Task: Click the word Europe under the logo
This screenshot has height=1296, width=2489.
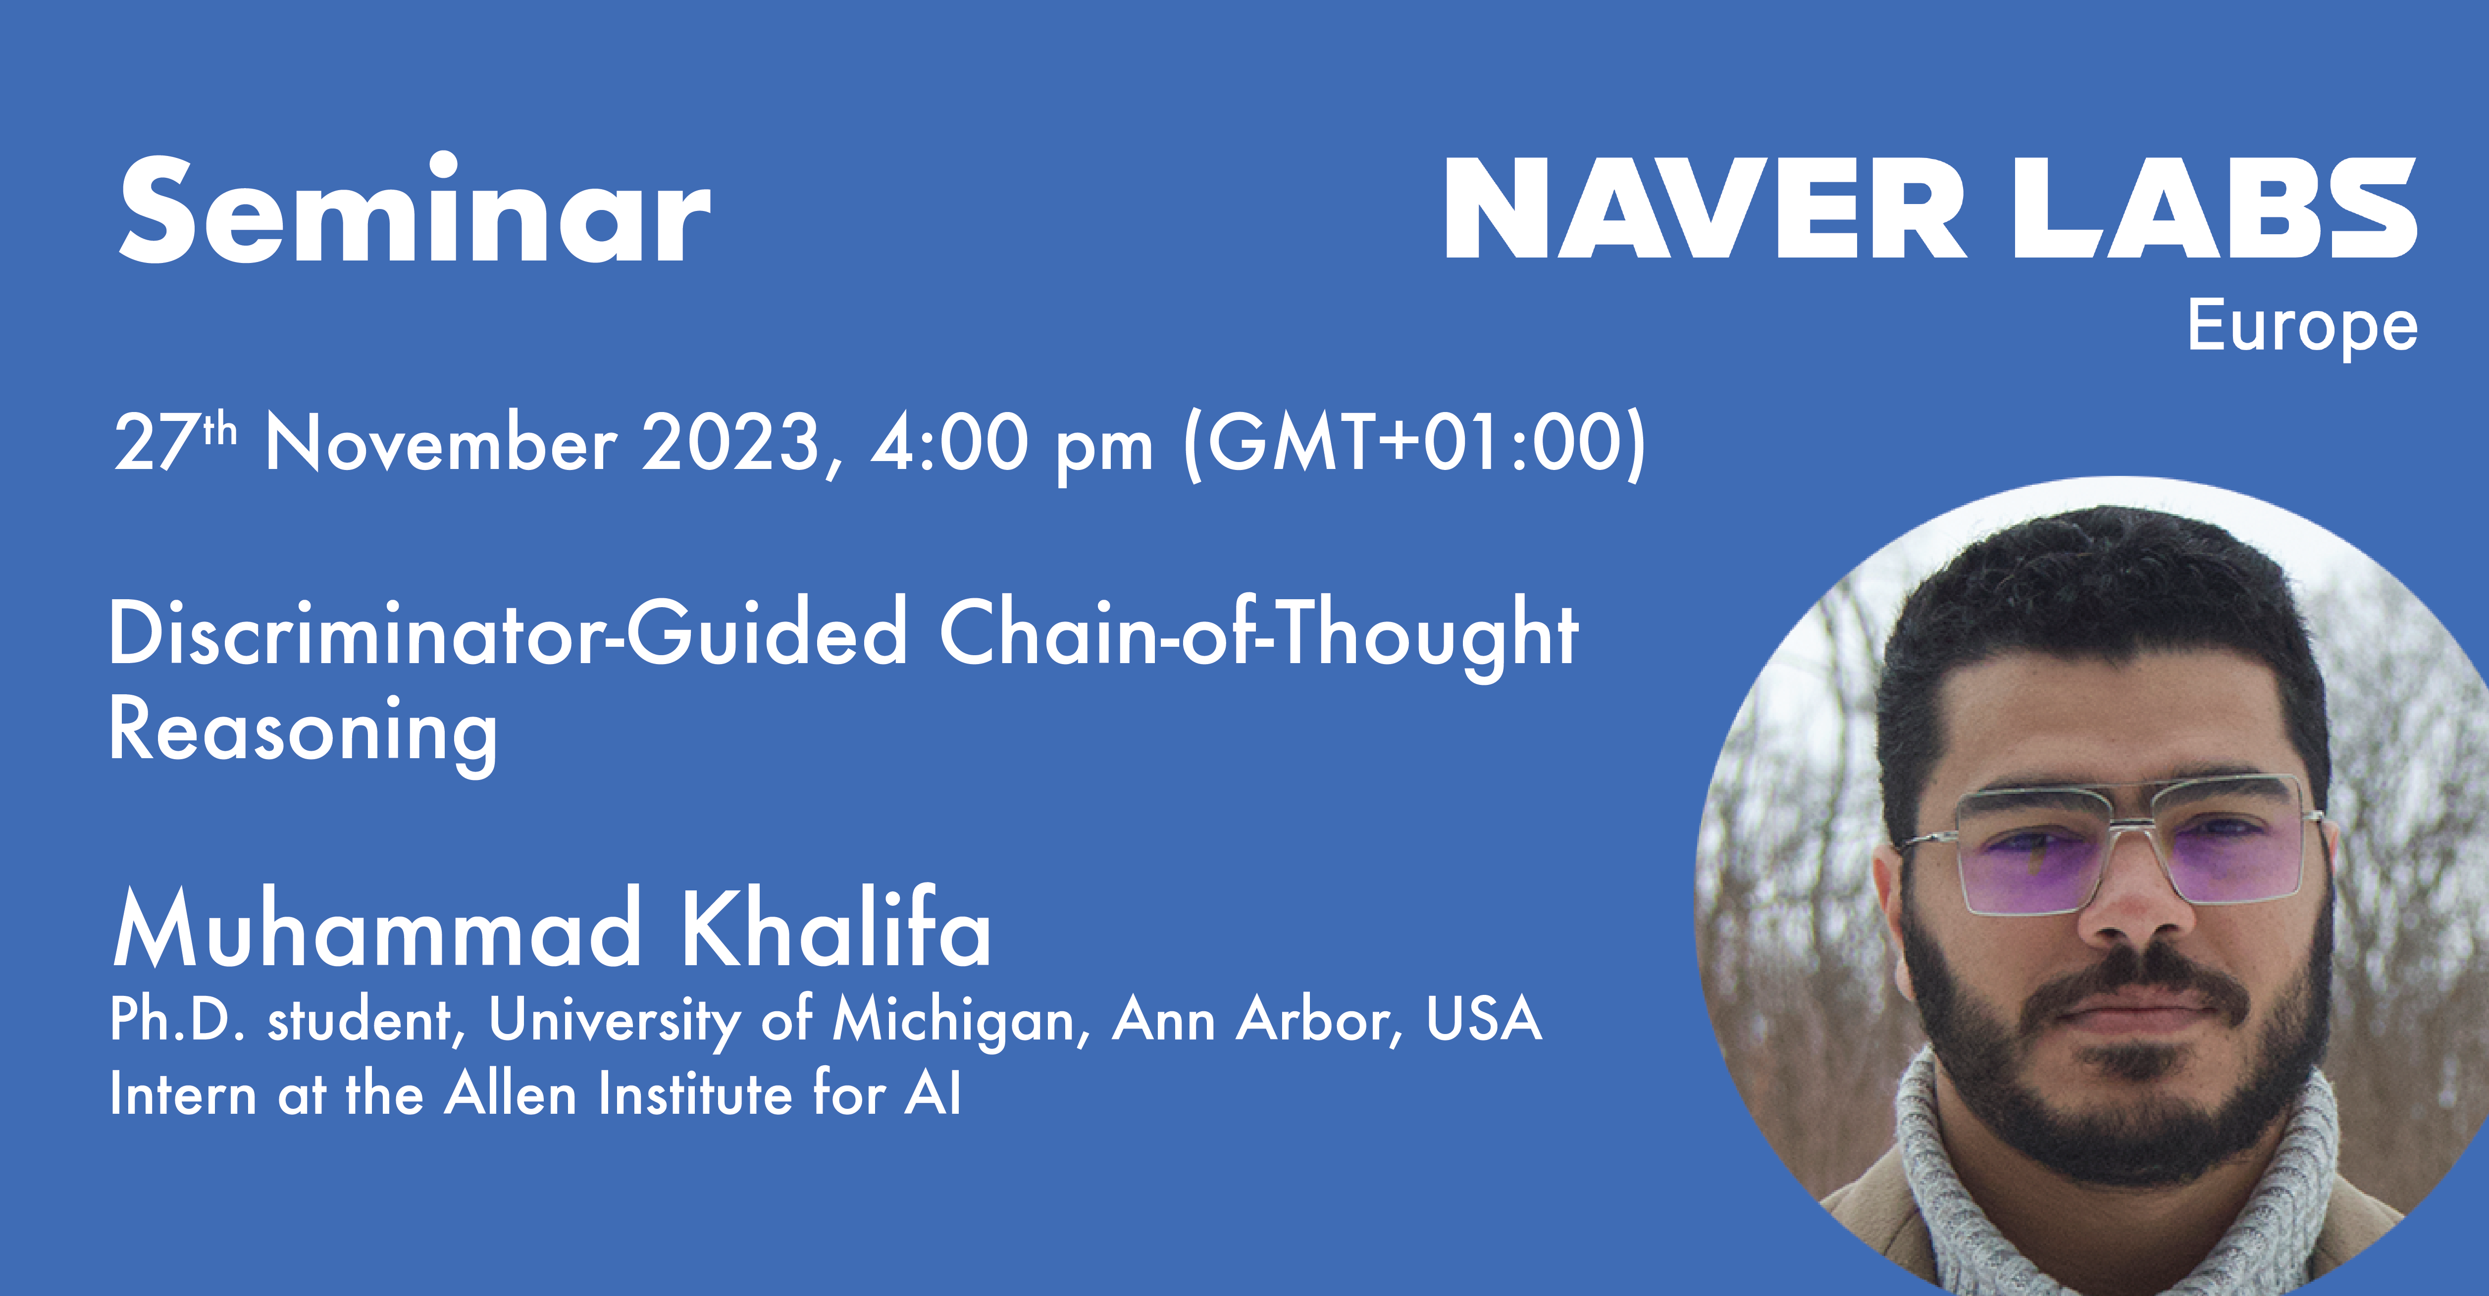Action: (x=2302, y=327)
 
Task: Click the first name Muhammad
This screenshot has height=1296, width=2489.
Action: (x=377, y=928)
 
